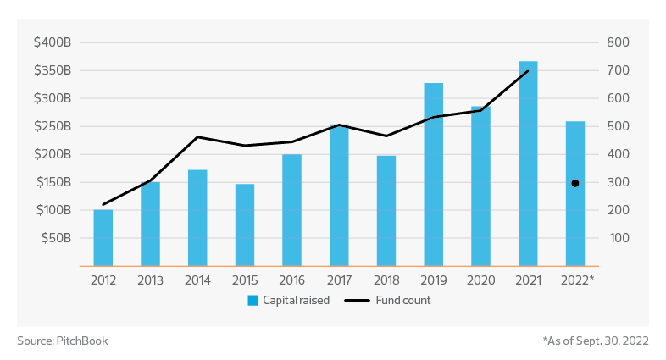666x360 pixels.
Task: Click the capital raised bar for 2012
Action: pos(103,237)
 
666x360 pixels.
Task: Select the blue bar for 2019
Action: pos(434,174)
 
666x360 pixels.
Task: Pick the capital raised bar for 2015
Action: pos(245,224)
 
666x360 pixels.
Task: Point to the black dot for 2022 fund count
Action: pos(575,183)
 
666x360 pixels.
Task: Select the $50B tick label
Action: pos(58,238)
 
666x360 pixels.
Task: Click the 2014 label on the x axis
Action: pos(197,280)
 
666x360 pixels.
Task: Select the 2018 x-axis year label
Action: pos(386,280)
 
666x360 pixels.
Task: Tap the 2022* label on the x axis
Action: pos(577,280)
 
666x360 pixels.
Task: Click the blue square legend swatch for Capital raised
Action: pos(253,301)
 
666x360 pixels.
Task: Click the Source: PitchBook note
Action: pos(63,341)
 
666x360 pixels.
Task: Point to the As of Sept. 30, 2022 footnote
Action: pos(595,341)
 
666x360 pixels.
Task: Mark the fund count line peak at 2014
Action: pos(197,136)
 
